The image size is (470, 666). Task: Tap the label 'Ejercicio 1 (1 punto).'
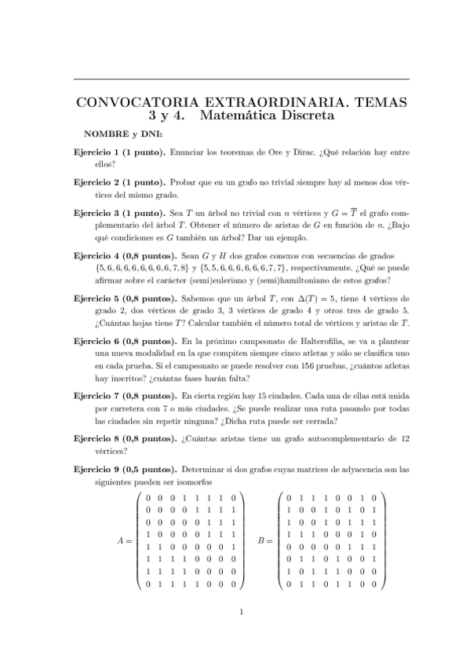click(x=118, y=150)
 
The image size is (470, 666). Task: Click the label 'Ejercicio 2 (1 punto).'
click(x=118, y=181)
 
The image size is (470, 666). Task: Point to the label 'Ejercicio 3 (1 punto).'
click(x=118, y=213)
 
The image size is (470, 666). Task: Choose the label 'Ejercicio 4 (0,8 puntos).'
click(x=125, y=256)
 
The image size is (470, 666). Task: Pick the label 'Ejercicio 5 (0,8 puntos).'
click(x=125, y=299)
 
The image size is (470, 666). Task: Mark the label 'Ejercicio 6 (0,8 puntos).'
click(x=125, y=342)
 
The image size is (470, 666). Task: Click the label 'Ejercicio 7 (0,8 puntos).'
click(x=125, y=397)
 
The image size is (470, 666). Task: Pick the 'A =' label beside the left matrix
click(x=125, y=540)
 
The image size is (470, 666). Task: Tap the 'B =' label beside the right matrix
click(x=265, y=540)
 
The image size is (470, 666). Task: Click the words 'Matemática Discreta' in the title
click(x=267, y=116)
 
